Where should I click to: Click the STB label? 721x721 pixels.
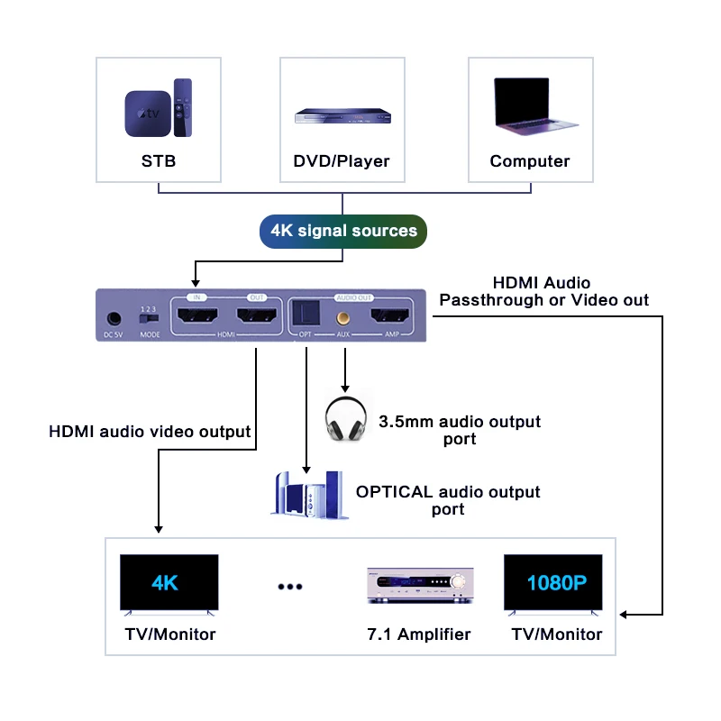coord(159,161)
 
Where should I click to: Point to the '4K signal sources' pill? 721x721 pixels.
coord(342,231)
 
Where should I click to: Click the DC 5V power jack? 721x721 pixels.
coord(114,319)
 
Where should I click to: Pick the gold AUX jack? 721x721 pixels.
coord(344,317)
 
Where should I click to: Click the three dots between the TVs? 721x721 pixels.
coord(289,587)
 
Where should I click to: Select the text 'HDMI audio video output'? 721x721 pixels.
coord(150,432)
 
